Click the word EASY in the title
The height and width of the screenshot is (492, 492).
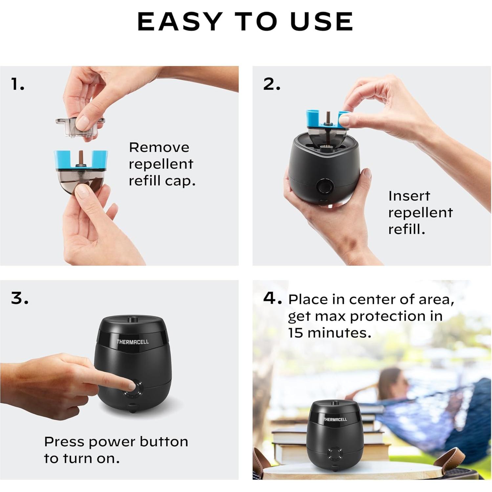tap(180, 21)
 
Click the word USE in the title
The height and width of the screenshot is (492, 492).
tap(321, 21)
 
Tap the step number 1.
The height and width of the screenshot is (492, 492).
tap(17, 84)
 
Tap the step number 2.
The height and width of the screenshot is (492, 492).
tap(271, 84)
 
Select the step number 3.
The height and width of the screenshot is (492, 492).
tap(19, 298)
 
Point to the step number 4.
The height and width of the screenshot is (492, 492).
tap(272, 298)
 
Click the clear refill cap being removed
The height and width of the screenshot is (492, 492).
tap(80, 127)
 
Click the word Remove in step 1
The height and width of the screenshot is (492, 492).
tap(159, 147)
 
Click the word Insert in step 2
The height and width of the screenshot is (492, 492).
tap(409, 196)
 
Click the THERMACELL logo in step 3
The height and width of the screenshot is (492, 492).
tap(133, 342)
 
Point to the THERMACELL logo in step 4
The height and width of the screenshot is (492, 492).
tap(335, 419)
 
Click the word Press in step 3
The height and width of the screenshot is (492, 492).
tap(65, 442)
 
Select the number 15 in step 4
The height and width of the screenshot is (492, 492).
tap(296, 333)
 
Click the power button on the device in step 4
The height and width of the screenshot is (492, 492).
tap(335, 455)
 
